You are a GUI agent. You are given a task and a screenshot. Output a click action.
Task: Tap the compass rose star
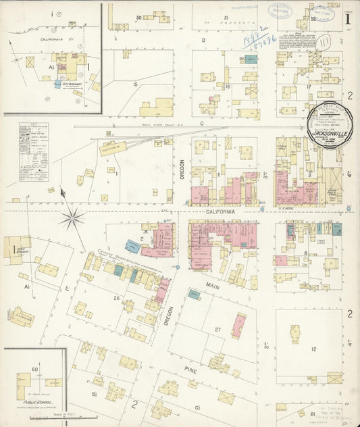[x=72, y=218]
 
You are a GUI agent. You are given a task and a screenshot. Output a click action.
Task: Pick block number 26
[x=116, y=298]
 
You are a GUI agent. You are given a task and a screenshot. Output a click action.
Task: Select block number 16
[x=228, y=86]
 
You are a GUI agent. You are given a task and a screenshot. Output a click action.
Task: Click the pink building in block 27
[x=238, y=325]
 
